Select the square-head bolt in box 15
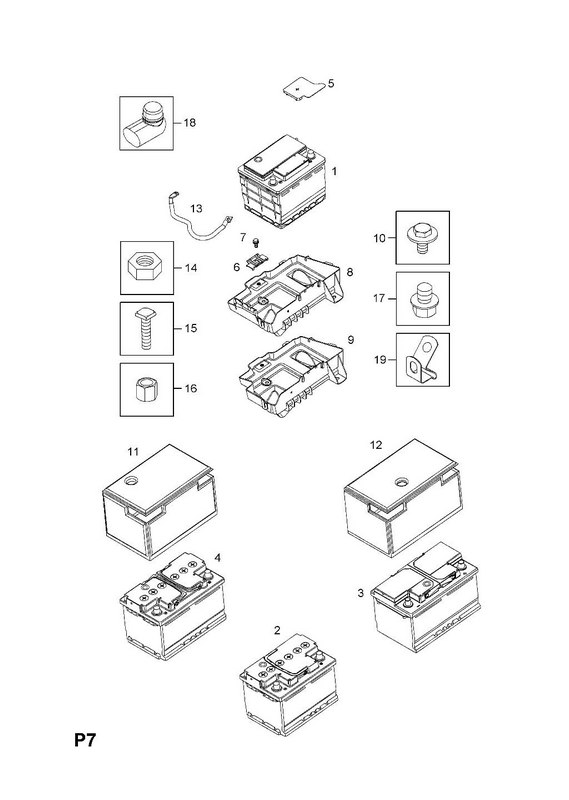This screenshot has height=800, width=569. click(146, 329)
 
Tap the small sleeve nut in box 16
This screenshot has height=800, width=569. click(146, 390)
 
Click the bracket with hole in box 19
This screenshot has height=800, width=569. click(422, 361)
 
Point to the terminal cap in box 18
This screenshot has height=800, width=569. click(145, 124)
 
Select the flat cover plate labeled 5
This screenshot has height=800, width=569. click(303, 89)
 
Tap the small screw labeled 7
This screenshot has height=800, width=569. click(257, 241)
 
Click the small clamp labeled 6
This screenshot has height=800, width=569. click(256, 261)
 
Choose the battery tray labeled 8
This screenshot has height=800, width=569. click(284, 295)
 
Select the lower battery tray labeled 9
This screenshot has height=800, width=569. click(293, 376)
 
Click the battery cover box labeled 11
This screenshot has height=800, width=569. click(160, 502)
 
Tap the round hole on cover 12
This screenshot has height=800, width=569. click(402, 481)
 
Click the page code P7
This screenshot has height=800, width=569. click(85, 740)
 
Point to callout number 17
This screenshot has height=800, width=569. click(379, 298)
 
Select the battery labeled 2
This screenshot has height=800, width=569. click(288, 685)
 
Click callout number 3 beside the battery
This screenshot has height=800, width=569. click(361, 593)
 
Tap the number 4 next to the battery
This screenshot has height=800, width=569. click(217, 558)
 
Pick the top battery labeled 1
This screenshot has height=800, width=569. click(282, 181)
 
